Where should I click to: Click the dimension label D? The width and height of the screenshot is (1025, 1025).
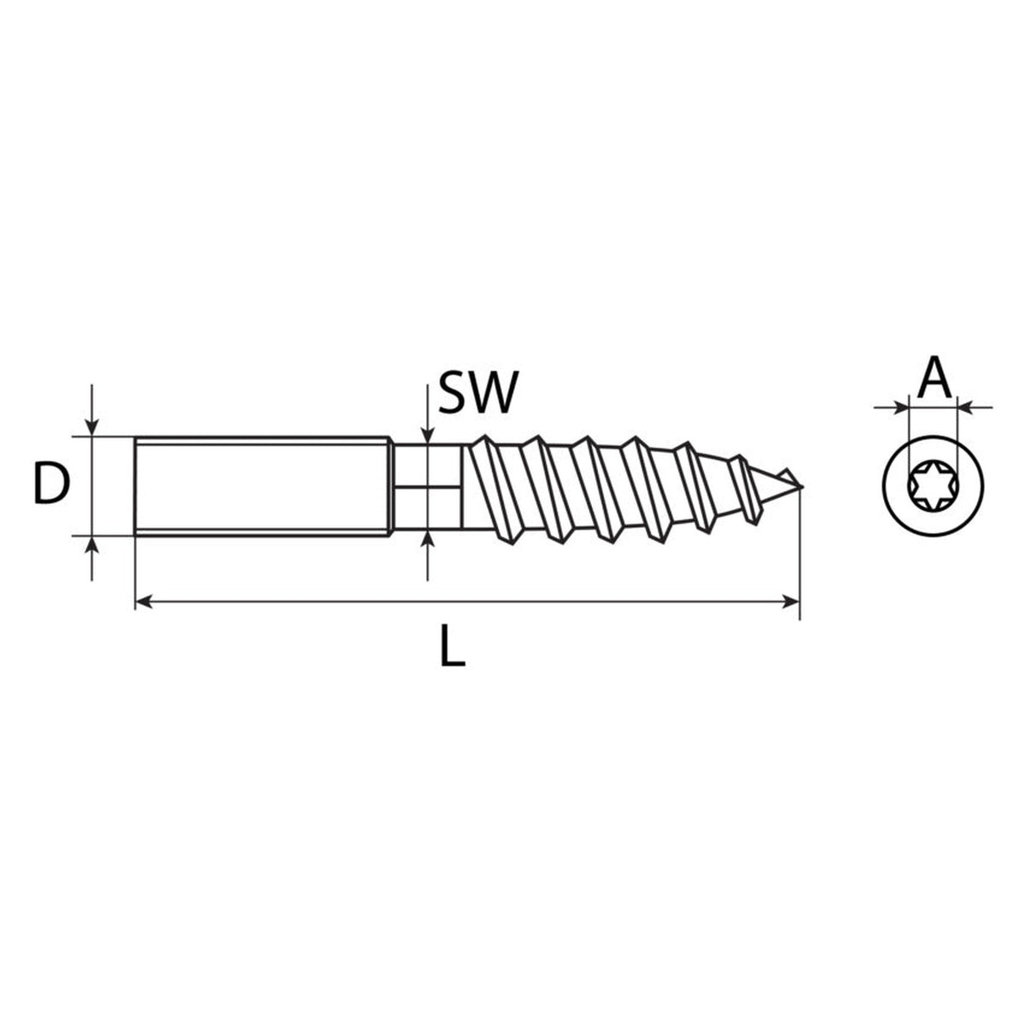pyautogui.click(x=51, y=483)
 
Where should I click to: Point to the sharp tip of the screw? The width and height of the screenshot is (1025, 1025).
pyautogui.click(x=802, y=487)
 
